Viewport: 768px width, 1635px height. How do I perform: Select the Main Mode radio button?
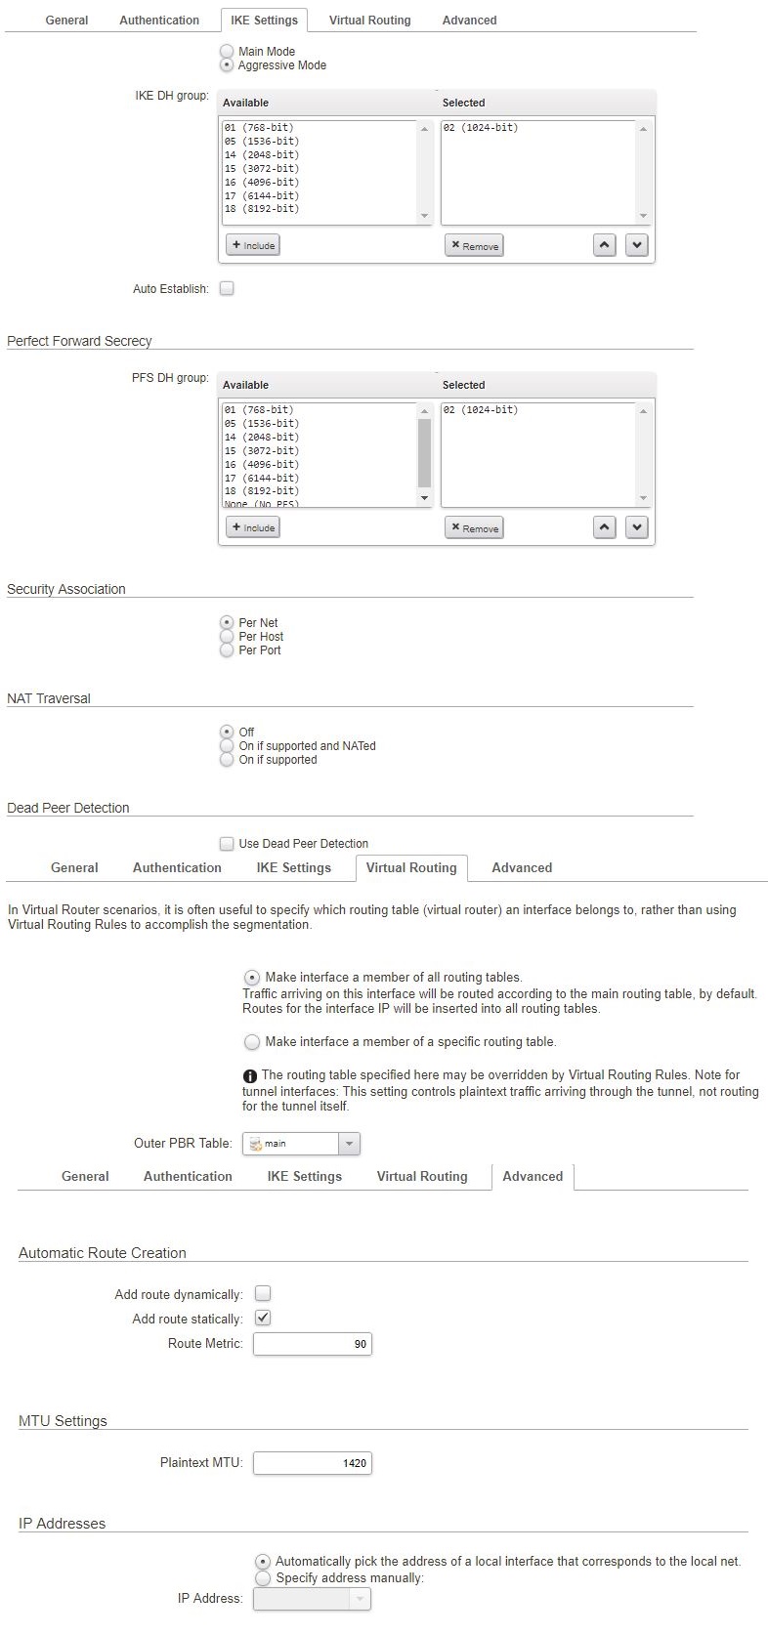(x=227, y=51)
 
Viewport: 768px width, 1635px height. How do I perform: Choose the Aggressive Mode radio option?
(x=227, y=65)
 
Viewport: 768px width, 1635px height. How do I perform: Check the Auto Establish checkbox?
(x=227, y=288)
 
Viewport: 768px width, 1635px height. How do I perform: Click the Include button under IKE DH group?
(x=253, y=245)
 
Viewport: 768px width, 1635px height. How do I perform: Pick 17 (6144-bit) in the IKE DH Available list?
(x=261, y=195)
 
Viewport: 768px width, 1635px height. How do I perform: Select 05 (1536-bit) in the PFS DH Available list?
(x=261, y=424)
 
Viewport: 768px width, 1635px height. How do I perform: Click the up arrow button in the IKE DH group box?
(x=605, y=245)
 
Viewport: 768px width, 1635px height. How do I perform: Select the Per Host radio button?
(x=227, y=637)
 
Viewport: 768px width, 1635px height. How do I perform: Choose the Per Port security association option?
(x=227, y=650)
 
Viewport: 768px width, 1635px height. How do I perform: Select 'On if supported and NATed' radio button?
(x=227, y=746)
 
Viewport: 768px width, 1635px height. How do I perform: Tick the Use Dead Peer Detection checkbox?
(x=227, y=843)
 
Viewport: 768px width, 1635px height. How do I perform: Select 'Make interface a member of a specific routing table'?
(x=252, y=1042)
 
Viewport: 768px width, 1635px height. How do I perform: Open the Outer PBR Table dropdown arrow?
(x=349, y=1143)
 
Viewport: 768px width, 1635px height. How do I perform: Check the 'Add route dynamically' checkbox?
(x=263, y=1293)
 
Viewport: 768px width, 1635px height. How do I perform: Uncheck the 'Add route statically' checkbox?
(x=263, y=1318)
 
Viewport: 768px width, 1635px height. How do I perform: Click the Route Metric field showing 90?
(x=312, y=1344)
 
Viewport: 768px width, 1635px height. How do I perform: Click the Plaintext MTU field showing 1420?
(x=312, y=1463)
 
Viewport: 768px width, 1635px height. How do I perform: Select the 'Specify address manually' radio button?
(x=263, y=1577)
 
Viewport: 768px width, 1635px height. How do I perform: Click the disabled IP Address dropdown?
(x=312, y=1598)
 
